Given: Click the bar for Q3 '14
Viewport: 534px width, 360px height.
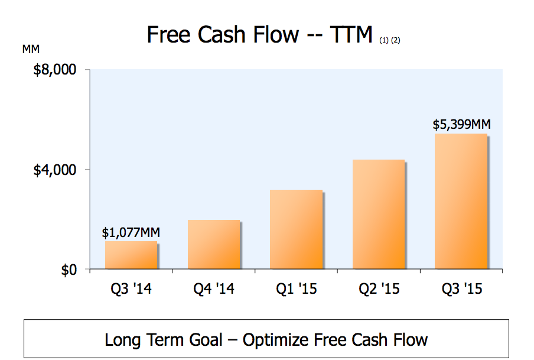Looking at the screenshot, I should [131, 255].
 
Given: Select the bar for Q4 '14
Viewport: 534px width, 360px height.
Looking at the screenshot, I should [214, 245].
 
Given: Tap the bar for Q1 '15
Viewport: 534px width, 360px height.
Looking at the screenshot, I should [296, 230].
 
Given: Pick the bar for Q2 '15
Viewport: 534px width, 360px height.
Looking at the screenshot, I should [379, 215].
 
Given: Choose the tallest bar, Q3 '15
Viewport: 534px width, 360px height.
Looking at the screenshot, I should [461, 202].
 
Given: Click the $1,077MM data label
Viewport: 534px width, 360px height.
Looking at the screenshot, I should [131, 233].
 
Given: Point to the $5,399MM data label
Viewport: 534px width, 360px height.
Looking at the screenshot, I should [461, 125].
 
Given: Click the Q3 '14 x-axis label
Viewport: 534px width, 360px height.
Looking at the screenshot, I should [131, 289].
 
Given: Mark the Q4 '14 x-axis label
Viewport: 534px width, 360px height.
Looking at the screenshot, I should [213, 289].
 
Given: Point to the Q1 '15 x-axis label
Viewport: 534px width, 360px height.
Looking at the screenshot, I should [296, 289].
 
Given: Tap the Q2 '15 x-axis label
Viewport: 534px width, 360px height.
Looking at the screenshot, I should [379, 289].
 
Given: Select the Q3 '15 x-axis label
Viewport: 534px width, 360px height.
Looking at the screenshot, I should [461, 289].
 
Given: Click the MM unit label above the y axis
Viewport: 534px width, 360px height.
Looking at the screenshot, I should [31, 50].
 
